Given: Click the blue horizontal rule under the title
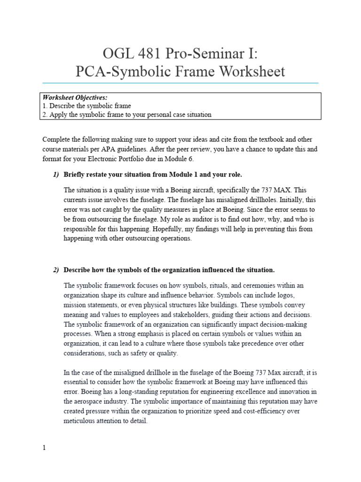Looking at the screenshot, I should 180,83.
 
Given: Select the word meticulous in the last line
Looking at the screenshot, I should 83,421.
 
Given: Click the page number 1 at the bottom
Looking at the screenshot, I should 44,448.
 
